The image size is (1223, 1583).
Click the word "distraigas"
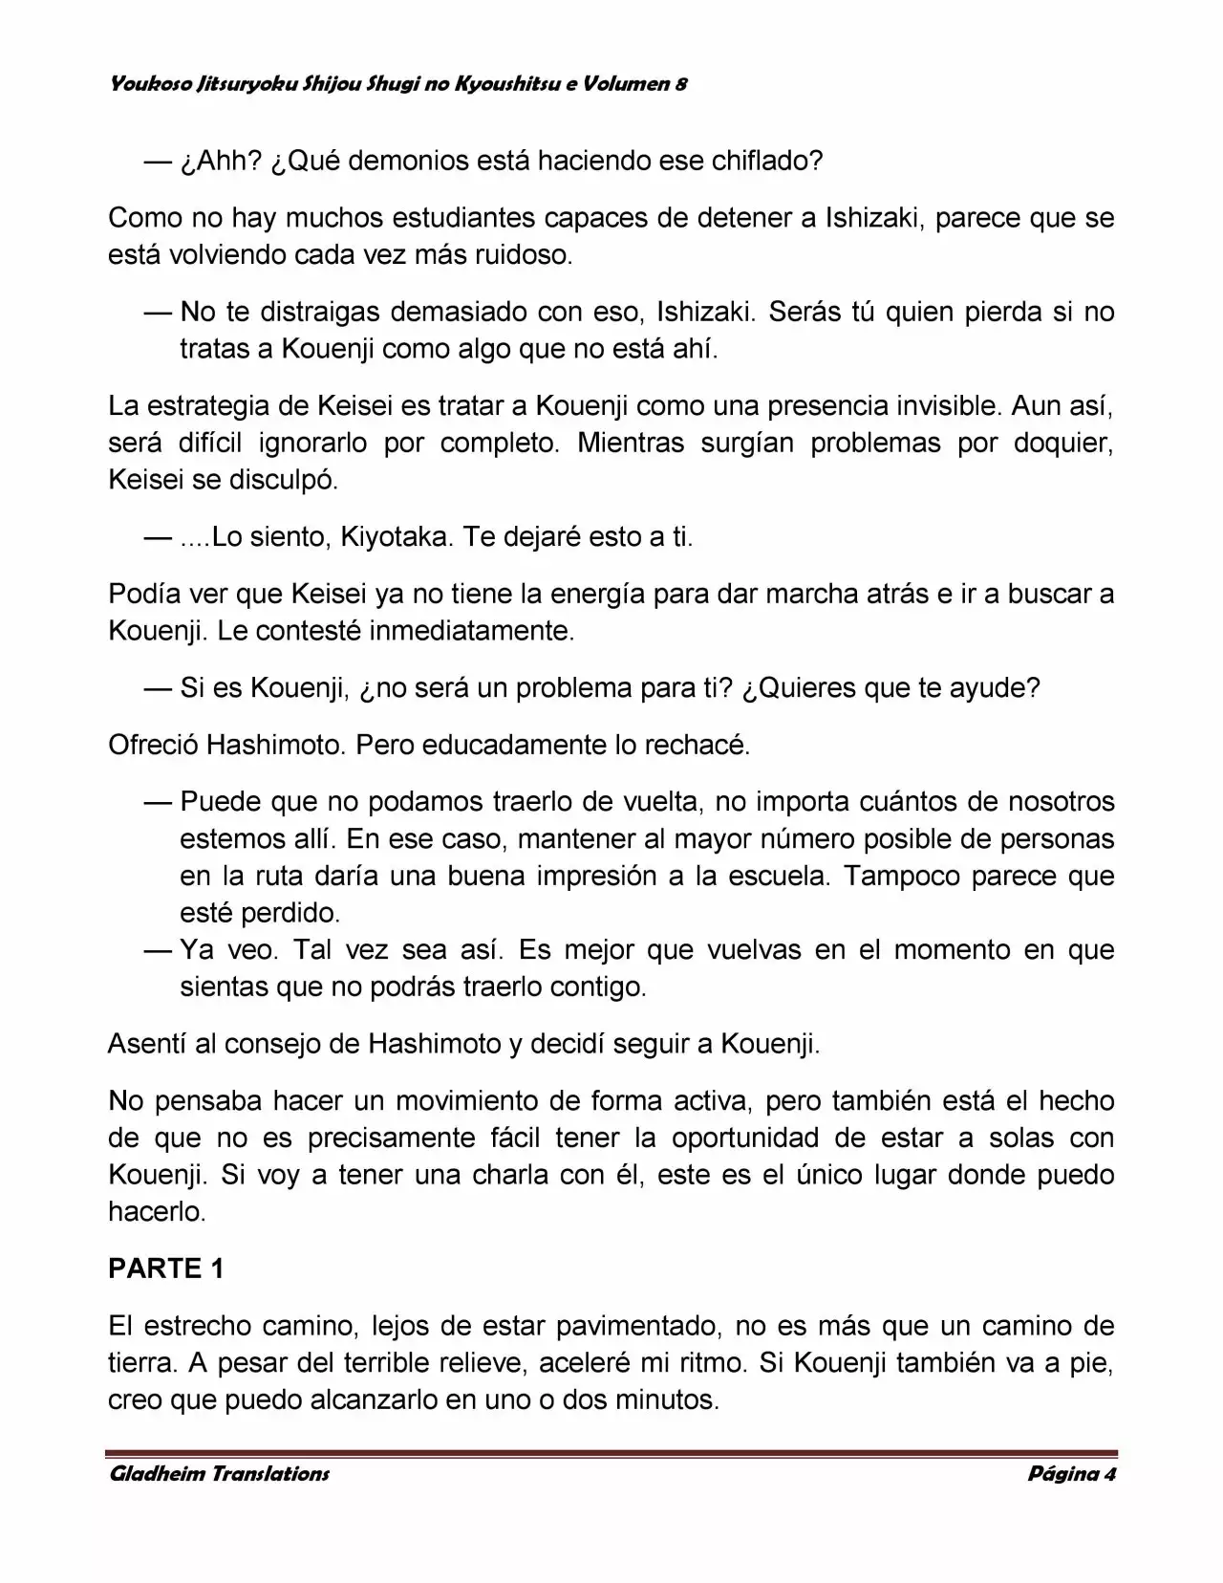[x=320, y=312]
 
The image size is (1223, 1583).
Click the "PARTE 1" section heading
[x=166, y=1269]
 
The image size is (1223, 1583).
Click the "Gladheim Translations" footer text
[x=220, y=1473]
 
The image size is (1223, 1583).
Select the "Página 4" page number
[x=1071, y=1473]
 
